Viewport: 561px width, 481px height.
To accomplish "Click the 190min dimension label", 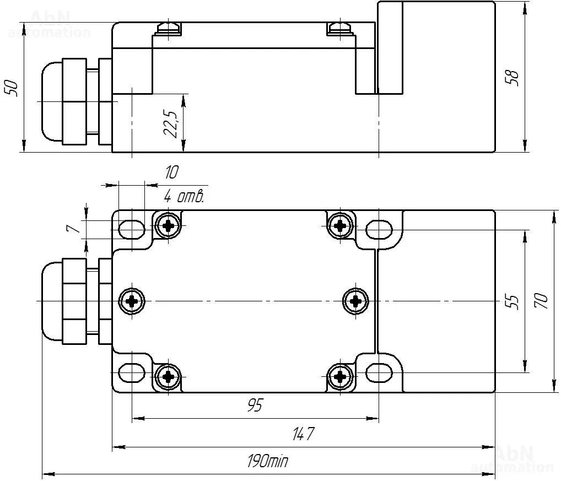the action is (267, 461).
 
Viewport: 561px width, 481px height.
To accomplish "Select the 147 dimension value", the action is (303, 434).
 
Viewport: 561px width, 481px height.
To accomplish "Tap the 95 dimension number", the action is (255, 405).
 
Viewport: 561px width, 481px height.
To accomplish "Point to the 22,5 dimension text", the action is (170, 123).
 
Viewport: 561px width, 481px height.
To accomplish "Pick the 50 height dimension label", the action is (11, 88).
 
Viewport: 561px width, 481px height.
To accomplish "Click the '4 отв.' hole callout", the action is (184, 196).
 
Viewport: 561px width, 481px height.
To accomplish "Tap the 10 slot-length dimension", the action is (171, 173).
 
